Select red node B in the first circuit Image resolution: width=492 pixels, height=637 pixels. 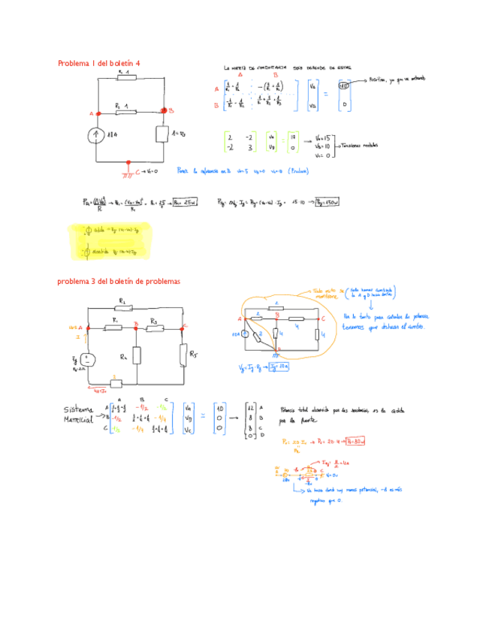coord(165,111)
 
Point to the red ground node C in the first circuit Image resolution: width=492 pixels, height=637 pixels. coord(130,162)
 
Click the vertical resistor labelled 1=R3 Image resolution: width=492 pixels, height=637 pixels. coord(162,134)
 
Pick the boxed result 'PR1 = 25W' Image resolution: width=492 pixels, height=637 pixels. coord(184,201)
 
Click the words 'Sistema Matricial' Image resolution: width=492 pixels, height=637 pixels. coord(84,412)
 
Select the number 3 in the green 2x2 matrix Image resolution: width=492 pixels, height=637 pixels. coord(249,149)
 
